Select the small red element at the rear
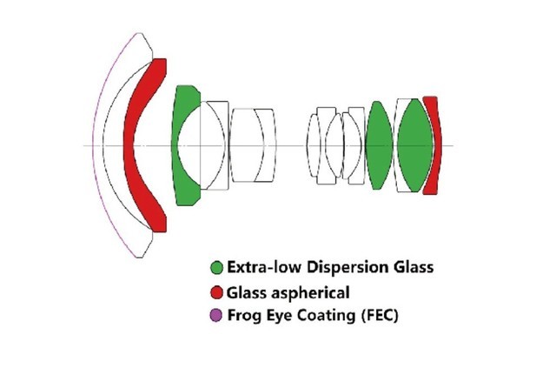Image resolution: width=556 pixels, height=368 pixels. (431, 145)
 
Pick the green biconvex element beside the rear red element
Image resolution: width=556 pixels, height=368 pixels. (414, 145)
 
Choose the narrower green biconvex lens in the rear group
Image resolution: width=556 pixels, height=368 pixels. (378, 145)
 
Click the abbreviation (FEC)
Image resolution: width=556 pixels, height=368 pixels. (375, 315)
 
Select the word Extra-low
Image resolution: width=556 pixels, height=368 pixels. (260, 267)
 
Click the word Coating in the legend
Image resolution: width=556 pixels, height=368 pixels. (321, 315)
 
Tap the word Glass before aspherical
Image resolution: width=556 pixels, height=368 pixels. (248, 291)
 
